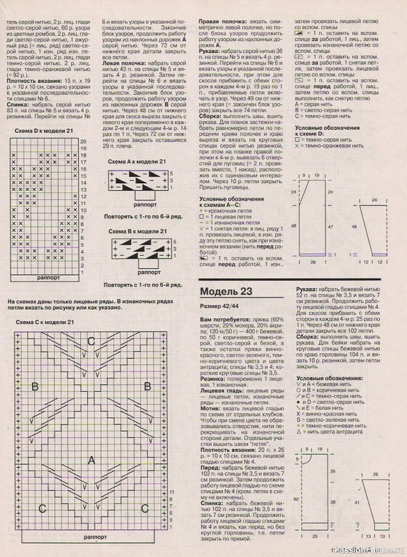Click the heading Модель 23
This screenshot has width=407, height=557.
tap(228, 291)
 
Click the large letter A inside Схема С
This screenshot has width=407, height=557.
tap(91, 459)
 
